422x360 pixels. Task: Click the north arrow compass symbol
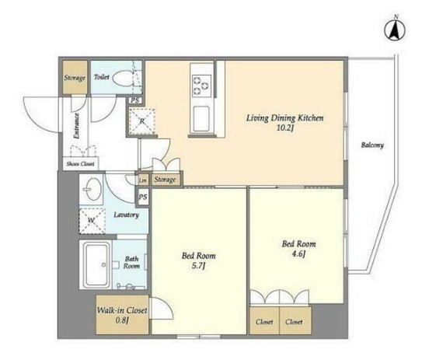(395, 30)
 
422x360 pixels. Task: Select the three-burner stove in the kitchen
(201, 86)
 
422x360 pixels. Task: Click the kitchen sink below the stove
(201, 118)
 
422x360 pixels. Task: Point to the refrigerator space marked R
(142, 121)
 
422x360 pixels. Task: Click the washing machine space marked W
(92, 221)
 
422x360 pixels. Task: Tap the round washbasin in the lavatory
(92, 189)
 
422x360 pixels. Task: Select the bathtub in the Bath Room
(97, 264)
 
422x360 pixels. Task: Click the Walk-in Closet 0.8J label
(122, 315)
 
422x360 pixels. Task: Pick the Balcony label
(372, 145)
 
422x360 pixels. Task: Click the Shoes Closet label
(81, 164)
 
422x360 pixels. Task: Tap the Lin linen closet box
(143, 180)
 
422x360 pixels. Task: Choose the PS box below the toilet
(135, 100)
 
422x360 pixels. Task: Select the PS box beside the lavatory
(143, 197)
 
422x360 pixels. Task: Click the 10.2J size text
(284, 128)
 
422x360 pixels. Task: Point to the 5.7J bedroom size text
(198, 267)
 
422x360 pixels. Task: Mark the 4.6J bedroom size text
(298, 254)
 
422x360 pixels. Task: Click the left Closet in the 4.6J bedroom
(264, 320)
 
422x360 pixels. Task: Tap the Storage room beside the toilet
(75, 77)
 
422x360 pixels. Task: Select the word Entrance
(76, 126)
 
